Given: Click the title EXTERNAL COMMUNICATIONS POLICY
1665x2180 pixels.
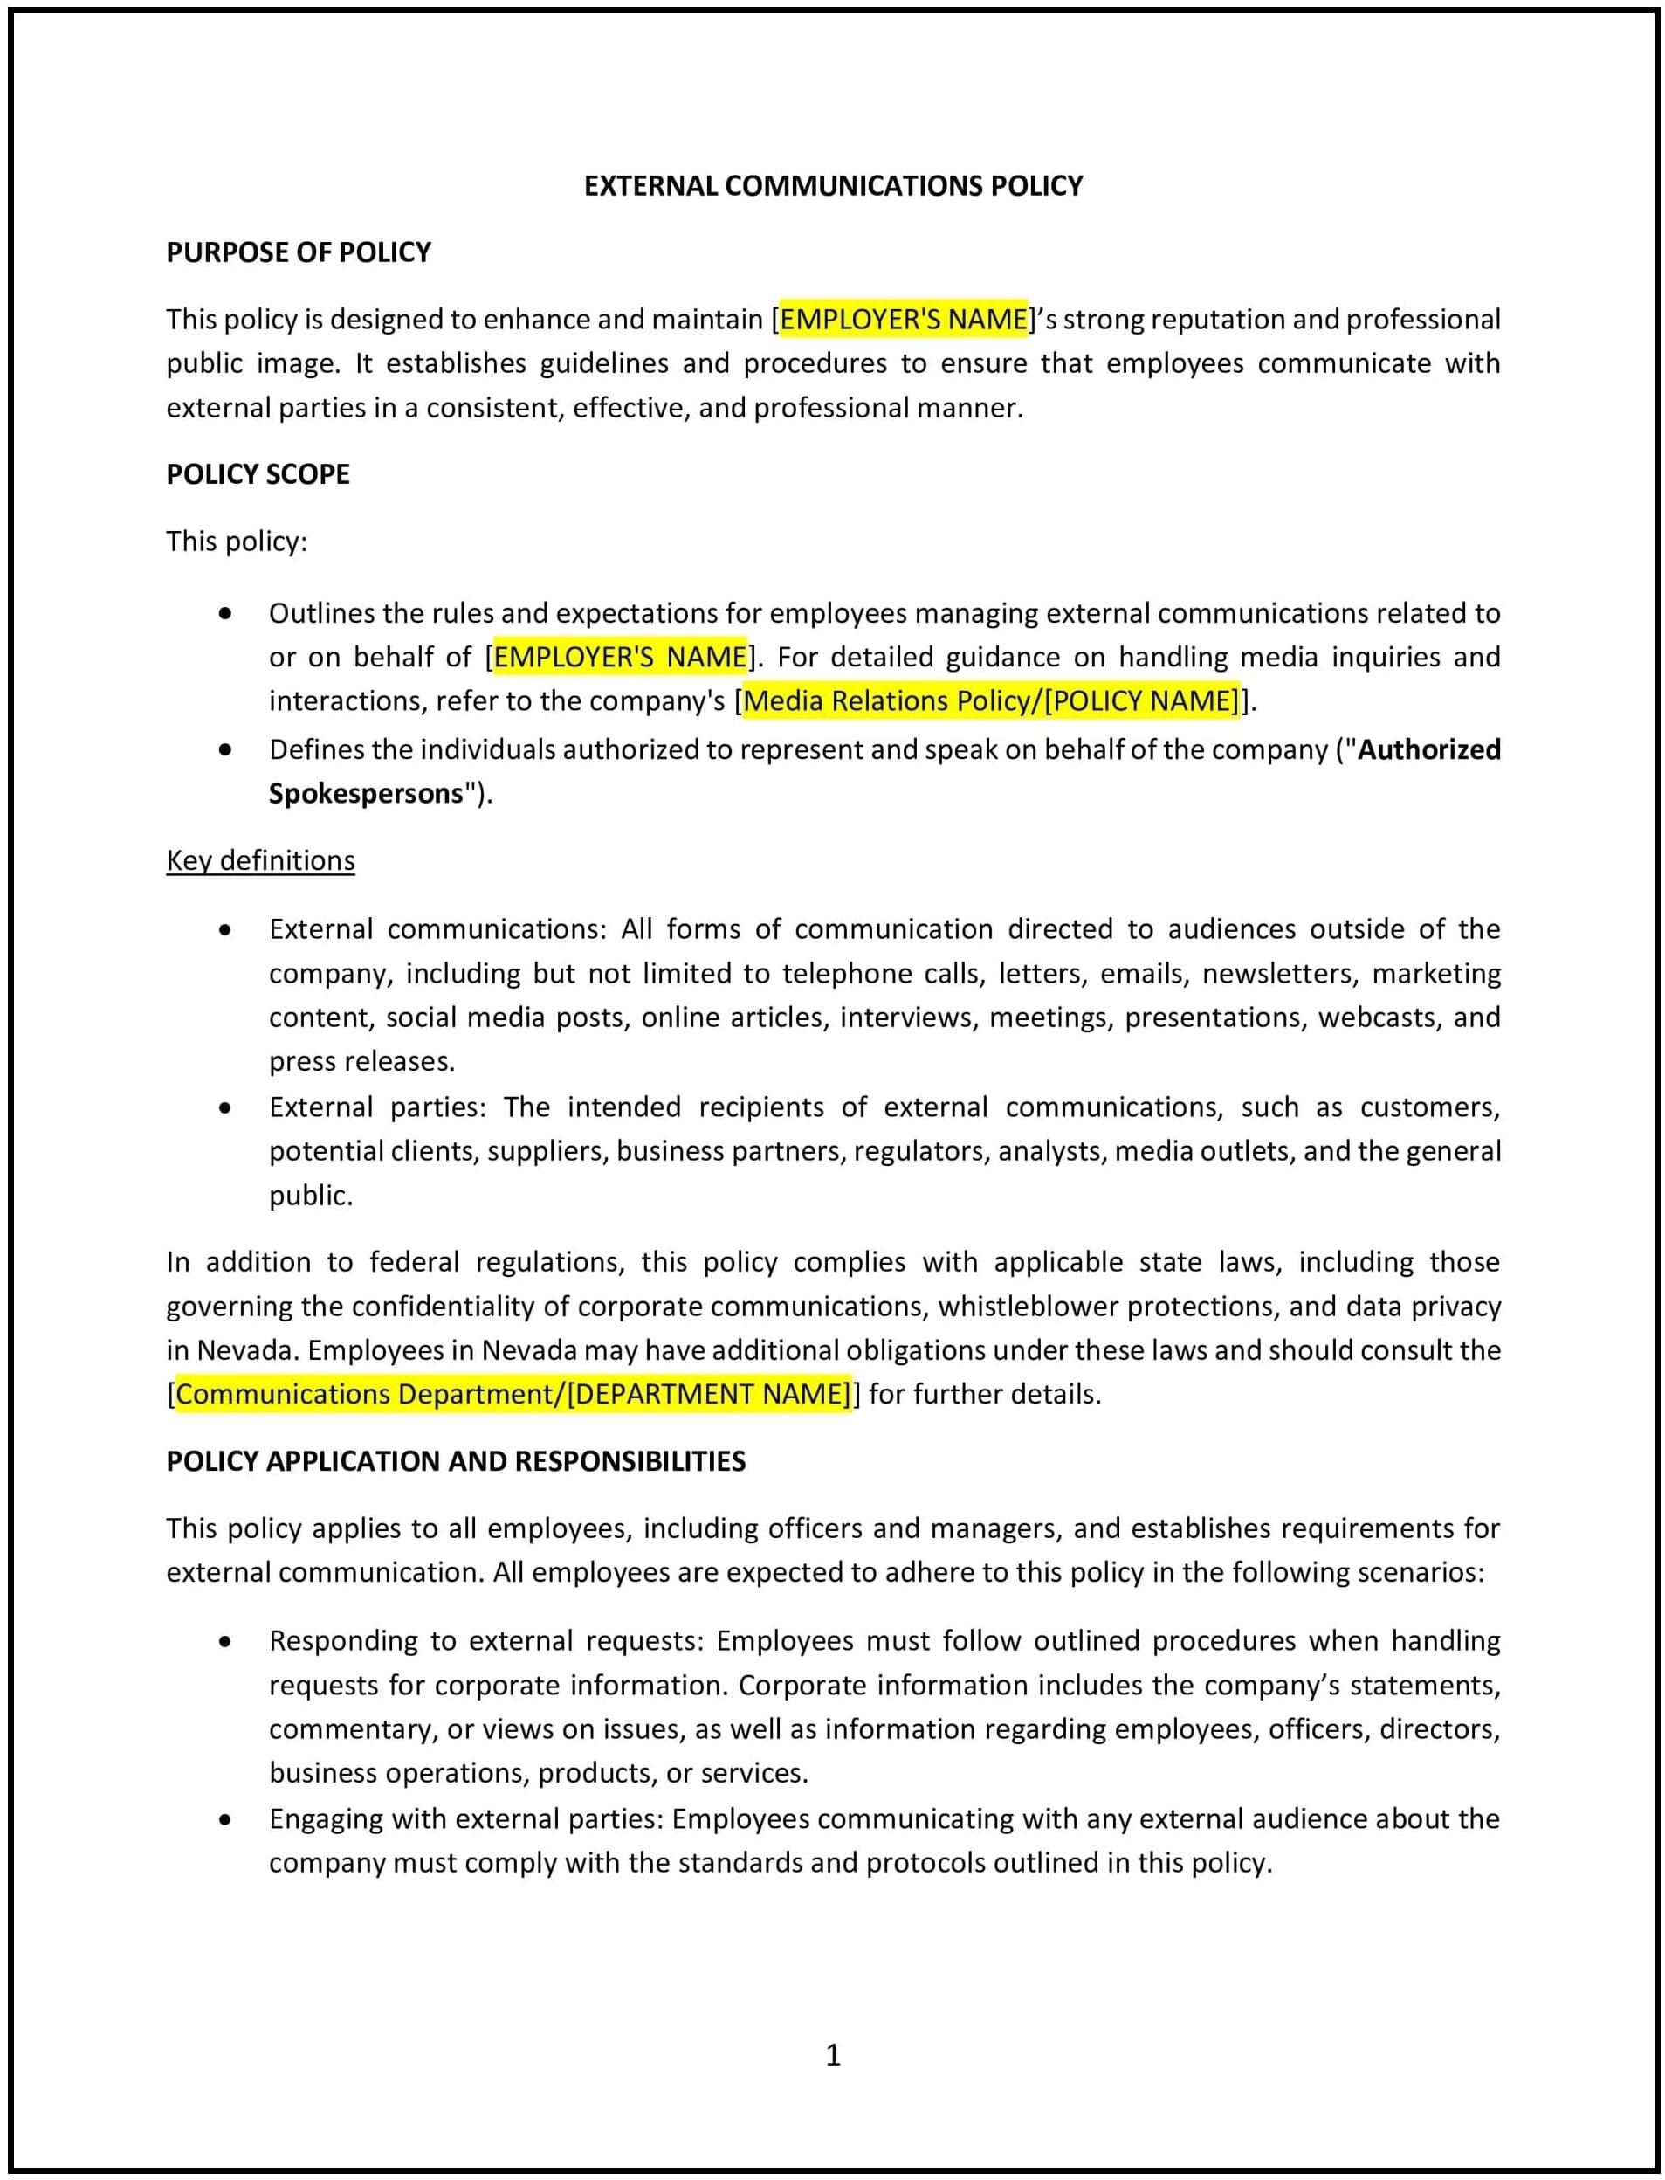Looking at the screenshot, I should coord(833,185).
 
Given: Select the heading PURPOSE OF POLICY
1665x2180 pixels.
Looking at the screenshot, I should coord(299,252).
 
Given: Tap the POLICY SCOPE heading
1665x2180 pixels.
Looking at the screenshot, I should coord(258,474).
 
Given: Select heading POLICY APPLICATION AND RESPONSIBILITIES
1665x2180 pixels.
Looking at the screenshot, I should coord(456,1460).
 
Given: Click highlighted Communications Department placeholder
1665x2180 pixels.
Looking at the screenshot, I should coord(513,1394).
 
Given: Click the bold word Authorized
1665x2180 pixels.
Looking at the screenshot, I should coord(1428,749).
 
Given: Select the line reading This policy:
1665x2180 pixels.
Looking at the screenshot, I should coord(237,542).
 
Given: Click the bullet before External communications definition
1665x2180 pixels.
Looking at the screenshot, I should coord(226,930).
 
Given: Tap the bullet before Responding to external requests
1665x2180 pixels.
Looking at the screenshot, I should coord(226,1642).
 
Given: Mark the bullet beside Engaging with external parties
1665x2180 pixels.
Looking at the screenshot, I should coord(226,1819).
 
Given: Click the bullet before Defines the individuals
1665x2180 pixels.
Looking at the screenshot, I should coord(226,750).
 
